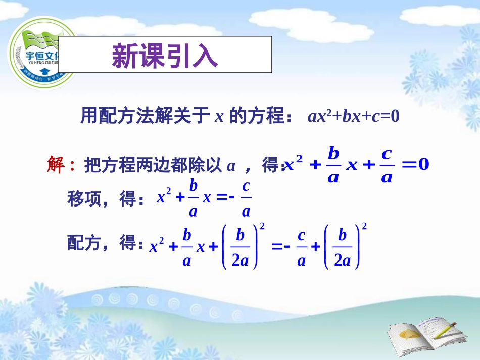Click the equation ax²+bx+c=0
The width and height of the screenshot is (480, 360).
click(353, 117)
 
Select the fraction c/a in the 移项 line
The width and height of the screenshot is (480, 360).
click(247, 198)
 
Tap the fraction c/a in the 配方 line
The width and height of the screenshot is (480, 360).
click(301, 248)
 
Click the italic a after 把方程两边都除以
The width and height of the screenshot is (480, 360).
click(231, 165)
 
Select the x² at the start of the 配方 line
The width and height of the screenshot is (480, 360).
click(157, 246)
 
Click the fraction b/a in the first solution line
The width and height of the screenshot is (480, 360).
click(333, 165)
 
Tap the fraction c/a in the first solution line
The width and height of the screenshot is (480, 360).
click(387, 165)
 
